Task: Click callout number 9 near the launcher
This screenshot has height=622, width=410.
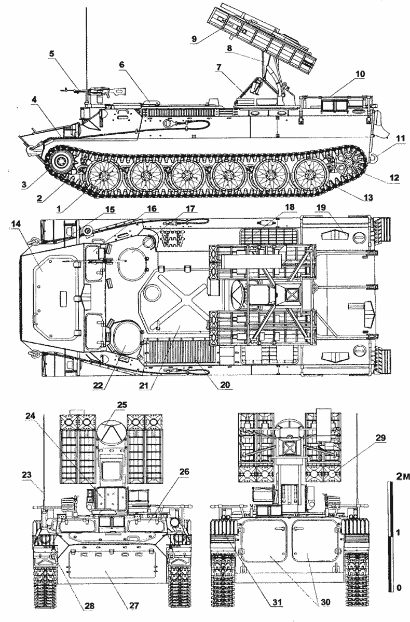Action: (x=194, y=38)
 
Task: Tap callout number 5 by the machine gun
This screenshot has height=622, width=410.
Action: (x=52, y=53)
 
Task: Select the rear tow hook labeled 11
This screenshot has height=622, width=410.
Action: (x=374, y=159)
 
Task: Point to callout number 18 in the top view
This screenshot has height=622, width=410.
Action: (x=290, y=207)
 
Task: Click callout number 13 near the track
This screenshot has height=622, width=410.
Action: (x=367, y=197)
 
